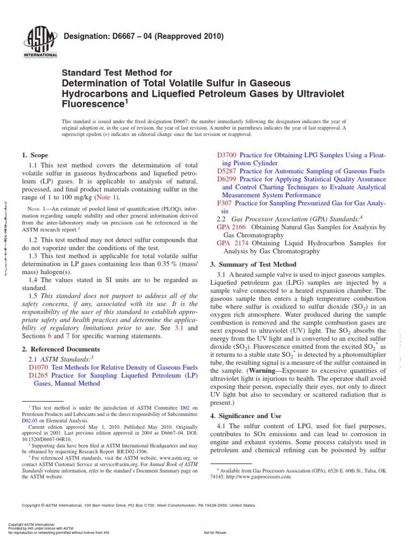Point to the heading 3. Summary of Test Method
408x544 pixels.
253,264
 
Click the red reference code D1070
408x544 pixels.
39,367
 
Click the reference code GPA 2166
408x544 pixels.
230,227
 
